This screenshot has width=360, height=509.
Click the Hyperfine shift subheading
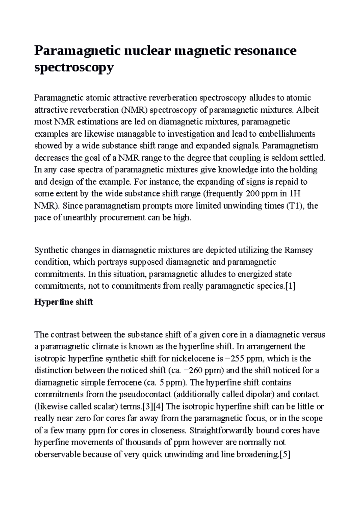pyautogui.click(x=64, y=302)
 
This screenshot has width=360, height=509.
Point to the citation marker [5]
pyautogui.click(x=284, y=455)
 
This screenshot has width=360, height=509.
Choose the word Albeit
pyautogui.click(x=307, y=110)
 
